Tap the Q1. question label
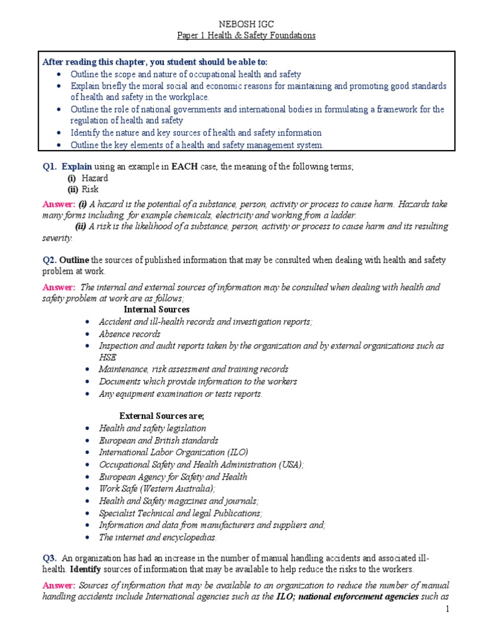click(50, 166)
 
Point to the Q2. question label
click(50, 260)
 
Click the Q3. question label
click(50, 558)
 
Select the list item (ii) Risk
click(83, 189)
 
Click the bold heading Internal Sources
click(156, 310)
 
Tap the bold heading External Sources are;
click(162, 416)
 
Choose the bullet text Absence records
click(129, 333)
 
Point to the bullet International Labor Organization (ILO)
click(173, 452)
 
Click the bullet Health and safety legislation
click(152, 428)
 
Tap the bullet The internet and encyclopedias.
click(158, 537)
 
